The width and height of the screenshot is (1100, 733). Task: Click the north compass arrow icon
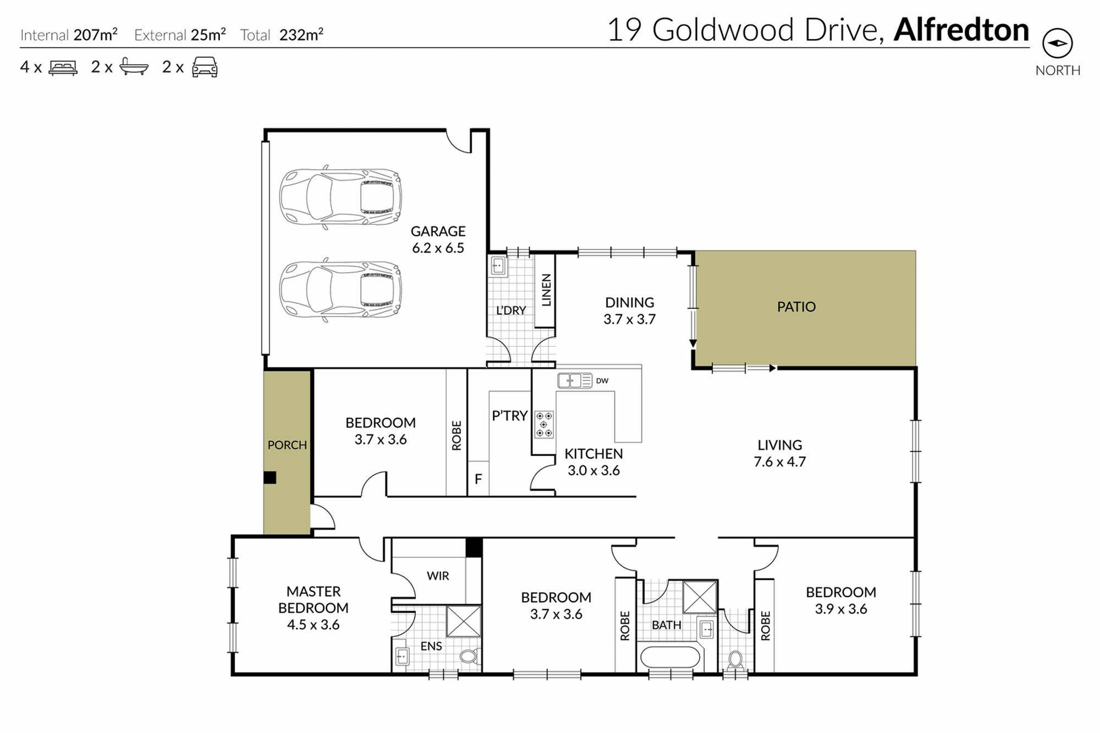click(x=1057, y=43)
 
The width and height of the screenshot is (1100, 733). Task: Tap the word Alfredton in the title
click(x=961, y=30)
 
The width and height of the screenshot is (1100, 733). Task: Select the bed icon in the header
click(x=63, y=68)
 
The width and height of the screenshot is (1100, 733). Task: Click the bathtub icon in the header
click(x=134, y=66)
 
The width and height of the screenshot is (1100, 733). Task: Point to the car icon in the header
click(x=205, y=67)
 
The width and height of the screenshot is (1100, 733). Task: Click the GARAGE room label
click(x=438, y=231)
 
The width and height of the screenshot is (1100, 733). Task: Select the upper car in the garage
click(x=340, y=197)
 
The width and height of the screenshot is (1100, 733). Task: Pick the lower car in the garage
click(x=340, y=290)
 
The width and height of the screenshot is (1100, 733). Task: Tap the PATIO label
click(x=796, y=307)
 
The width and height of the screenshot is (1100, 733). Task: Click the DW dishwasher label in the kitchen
click(x=602, y=381)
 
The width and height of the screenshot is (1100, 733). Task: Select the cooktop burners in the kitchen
click(x=544, y=425)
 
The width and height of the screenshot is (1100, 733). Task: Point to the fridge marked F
click(x=478, y=479)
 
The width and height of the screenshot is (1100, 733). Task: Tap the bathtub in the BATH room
click(x=670, y=657)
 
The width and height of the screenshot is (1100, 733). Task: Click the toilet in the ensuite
click(x=470, y=656)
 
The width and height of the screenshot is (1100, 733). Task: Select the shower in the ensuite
click(x=463, y=621)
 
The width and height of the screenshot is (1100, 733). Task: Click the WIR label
click(x=438, y=576)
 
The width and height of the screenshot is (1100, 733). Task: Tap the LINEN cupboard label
click(x=546, y=290)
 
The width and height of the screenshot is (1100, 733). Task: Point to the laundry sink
click(x=498, y=266)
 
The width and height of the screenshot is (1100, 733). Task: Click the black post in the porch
click(x=270, y=477)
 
